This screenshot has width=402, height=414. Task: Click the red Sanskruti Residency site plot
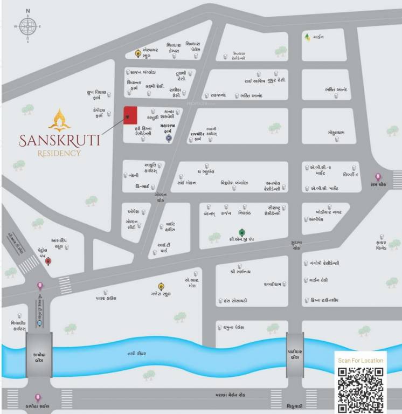point(130,115)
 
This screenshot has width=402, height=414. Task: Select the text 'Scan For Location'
point(361,360)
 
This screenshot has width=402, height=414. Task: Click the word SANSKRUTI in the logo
point(59,141)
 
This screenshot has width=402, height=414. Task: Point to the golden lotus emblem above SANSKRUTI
point(59,120)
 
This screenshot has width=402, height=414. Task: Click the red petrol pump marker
point(48,261)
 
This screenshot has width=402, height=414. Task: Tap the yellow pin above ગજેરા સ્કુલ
point(161,286)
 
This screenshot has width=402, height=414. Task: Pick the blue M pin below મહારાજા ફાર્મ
point(169,139)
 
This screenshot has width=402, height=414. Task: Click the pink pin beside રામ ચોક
point(378,176)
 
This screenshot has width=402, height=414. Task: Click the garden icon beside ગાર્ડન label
point(307,37)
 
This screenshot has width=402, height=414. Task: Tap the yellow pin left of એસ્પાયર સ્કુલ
point(138,53)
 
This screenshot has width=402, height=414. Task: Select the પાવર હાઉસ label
point(106,298)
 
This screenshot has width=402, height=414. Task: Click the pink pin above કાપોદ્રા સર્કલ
point(38,397)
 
